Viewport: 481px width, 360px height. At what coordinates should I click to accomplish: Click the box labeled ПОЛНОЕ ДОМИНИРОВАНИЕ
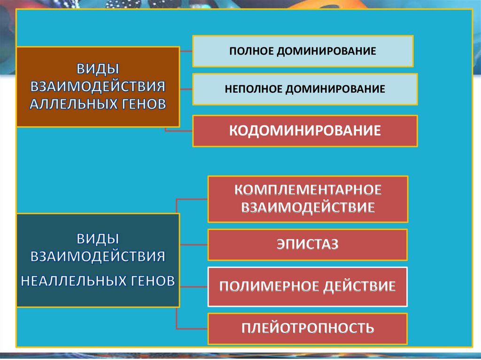click(x=303, y=51)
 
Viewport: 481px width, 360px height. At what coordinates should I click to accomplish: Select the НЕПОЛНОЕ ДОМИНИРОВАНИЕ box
click(x=305, y=89)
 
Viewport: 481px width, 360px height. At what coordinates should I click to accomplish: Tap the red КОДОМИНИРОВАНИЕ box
click(x=305, y=131)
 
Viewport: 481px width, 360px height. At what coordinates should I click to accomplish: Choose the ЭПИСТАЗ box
click(x=308, y=245)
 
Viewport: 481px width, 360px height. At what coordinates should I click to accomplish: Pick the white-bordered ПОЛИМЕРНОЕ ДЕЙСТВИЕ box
click(x=308, y=286)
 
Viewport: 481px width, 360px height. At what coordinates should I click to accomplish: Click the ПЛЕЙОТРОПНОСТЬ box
click(x=308, y=328)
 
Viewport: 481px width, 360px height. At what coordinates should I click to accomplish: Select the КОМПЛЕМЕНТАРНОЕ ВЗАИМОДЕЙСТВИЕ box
click(x=308, y=199)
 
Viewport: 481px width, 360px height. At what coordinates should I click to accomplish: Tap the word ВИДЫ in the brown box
click(x=98, y=69)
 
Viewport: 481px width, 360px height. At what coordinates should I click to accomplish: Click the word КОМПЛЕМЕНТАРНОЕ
click(x=308, y=191)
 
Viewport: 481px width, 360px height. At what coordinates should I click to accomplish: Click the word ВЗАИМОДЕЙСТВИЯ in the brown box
click(x=98, y=86)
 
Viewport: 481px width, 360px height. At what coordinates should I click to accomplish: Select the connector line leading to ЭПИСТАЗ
click(x=194, y=245)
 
